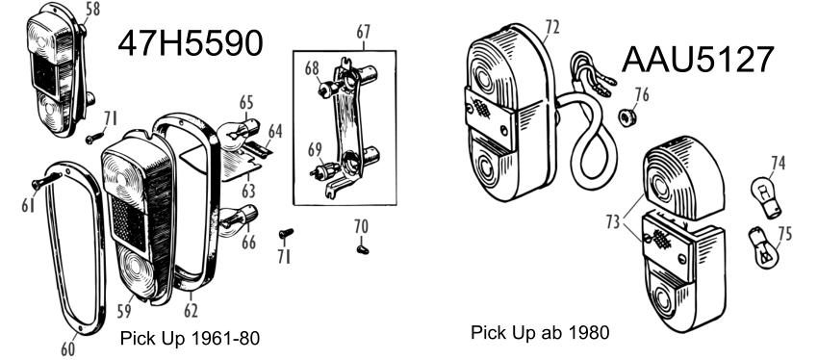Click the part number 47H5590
190,43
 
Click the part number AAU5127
698,60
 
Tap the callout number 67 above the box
363,32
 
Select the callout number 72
551,27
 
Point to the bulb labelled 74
765,197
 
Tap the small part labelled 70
362,249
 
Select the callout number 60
67,348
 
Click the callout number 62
191,311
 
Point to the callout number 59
124,312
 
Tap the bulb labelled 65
239,131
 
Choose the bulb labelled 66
238,220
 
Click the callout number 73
614,221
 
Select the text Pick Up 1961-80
190,339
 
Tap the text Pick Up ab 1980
540,332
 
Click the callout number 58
91,10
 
